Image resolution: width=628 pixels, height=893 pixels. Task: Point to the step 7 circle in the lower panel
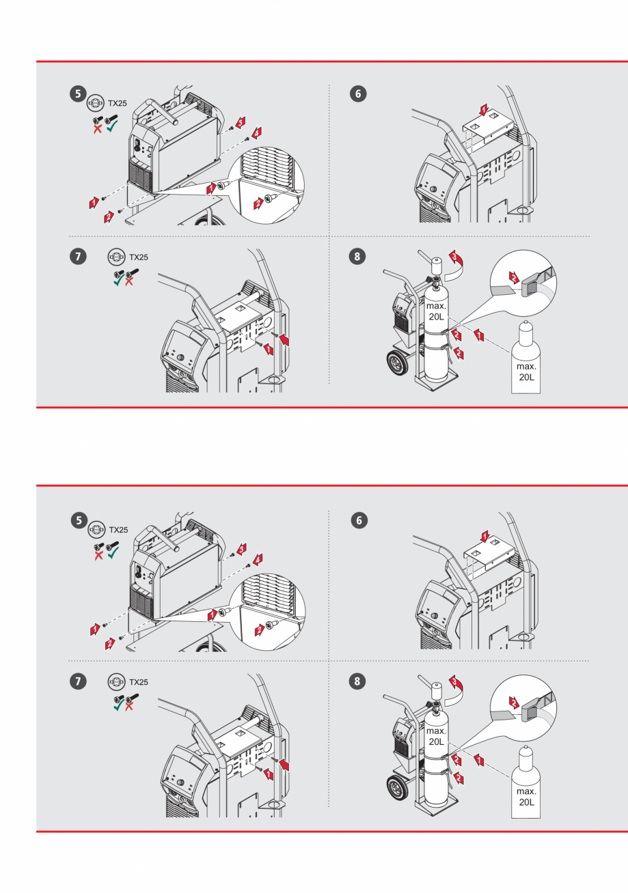pyautogui.click(x=81, y=681)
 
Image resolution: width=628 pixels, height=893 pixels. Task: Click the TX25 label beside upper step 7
pyautogui.click(x=139, y=258)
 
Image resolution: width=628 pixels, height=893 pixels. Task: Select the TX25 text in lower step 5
pyautogui.click(x=119, y=529)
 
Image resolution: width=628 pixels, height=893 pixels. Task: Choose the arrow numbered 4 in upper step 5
pyautogui.click(x=257, y=130)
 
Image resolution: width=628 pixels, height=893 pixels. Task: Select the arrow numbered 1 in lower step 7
pyautogui.click(x=269, y=774)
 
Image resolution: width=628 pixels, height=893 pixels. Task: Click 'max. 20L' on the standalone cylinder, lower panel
pyautogui.click(x=526, y=797)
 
